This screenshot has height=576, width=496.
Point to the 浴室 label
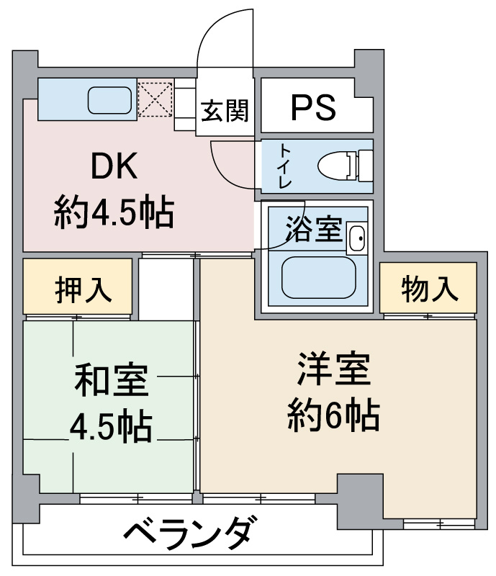(312, 229)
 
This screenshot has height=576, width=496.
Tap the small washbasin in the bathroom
(356, 238)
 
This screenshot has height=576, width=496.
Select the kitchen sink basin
(111, 100)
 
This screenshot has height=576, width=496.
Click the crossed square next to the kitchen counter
(155, 99)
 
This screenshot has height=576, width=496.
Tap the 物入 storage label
(430, 289)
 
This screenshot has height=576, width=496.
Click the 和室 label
(112, 381)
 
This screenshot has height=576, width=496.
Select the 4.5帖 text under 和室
(111, 428)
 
